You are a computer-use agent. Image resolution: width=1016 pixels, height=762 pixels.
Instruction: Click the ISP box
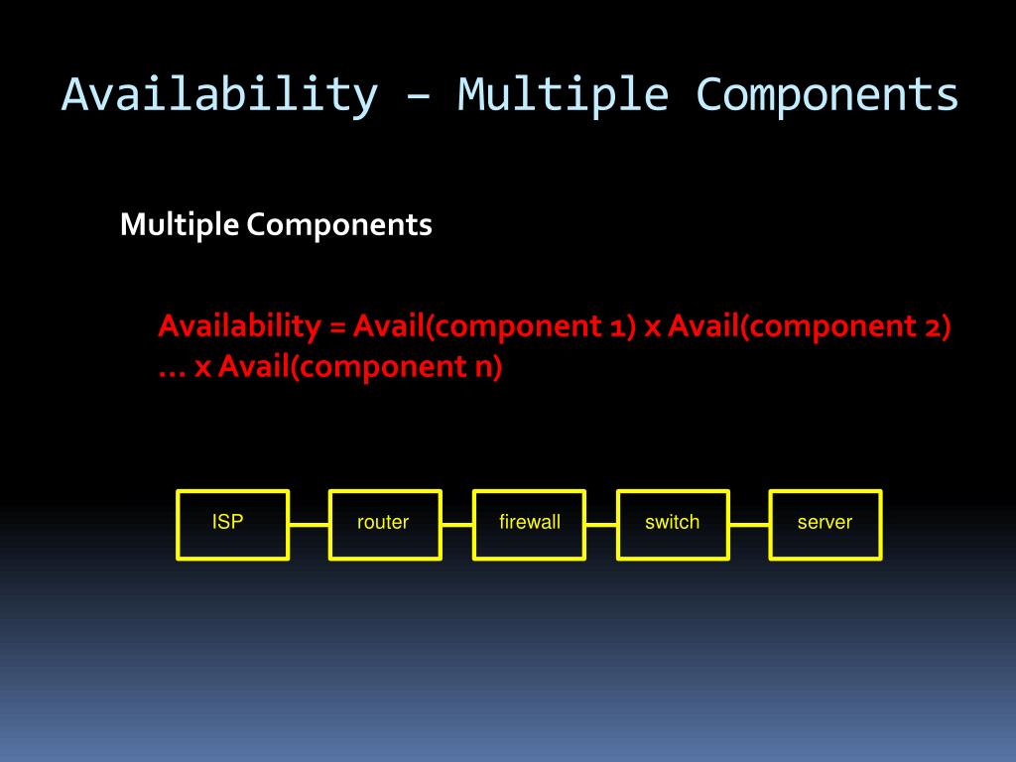232,525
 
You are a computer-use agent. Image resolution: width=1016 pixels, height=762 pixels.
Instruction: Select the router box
385,525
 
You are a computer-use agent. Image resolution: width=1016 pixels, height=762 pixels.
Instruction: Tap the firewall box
529,525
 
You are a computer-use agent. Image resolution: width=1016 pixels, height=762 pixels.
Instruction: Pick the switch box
673,525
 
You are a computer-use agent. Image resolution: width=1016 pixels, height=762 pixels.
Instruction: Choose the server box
825,525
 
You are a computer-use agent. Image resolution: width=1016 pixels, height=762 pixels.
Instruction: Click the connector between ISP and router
309,525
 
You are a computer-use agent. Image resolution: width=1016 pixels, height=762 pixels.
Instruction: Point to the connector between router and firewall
456,525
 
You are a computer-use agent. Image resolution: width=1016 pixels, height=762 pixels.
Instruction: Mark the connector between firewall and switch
600,525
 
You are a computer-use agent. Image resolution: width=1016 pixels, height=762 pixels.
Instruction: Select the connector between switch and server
749,525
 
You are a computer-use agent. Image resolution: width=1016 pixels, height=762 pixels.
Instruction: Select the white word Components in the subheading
339,225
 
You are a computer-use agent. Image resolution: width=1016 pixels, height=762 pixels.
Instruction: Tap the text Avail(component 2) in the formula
810,326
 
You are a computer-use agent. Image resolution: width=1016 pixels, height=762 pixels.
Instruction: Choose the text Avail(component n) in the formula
360,367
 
